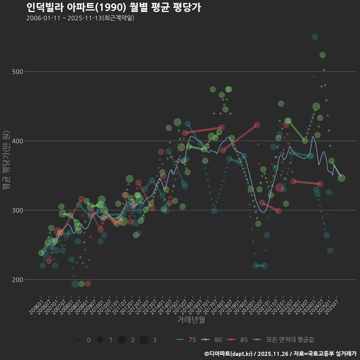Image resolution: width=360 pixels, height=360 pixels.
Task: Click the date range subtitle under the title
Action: [x=80, y=18]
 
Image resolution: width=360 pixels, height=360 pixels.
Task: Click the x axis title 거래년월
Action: [x=191, y=320]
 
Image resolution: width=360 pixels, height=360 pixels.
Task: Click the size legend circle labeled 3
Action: [x=144, y=340]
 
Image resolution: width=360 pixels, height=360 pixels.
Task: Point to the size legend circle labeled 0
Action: [x=78, y=340]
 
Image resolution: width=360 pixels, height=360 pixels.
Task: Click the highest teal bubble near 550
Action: [x=315, y=37]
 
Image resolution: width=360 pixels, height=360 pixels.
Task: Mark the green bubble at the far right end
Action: [x=342, y=178]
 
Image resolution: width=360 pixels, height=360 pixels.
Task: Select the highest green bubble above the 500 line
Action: [x=322, y=55]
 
